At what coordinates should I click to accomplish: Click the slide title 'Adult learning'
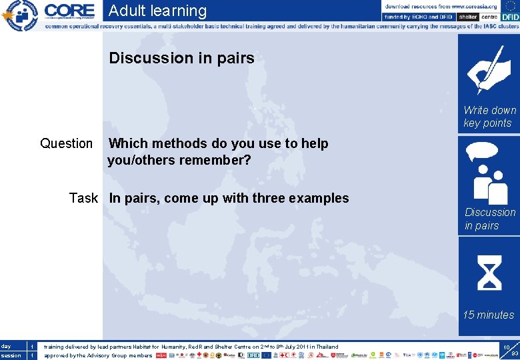click(x=157, y=11)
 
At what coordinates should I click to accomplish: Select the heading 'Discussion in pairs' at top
click(x=181, y=58)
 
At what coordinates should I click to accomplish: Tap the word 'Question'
click(x=67, y=143)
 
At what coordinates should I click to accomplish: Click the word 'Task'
click(x=83, y=198)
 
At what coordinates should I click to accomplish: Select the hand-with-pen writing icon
click(x=489, y=69)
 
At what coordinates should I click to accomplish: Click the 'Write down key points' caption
click(x=489, y=117)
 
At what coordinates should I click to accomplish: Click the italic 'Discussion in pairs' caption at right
click(x=490, y=219)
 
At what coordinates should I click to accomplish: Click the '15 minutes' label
click(x=489, y=315)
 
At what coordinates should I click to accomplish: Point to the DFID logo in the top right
click(x=510, y=17)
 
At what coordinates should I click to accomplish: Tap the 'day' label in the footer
click(x=6, y=346)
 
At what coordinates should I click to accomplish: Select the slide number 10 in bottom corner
click(x=507, y=347)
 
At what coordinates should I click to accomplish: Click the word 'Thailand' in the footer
click(x=326, y=347)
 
